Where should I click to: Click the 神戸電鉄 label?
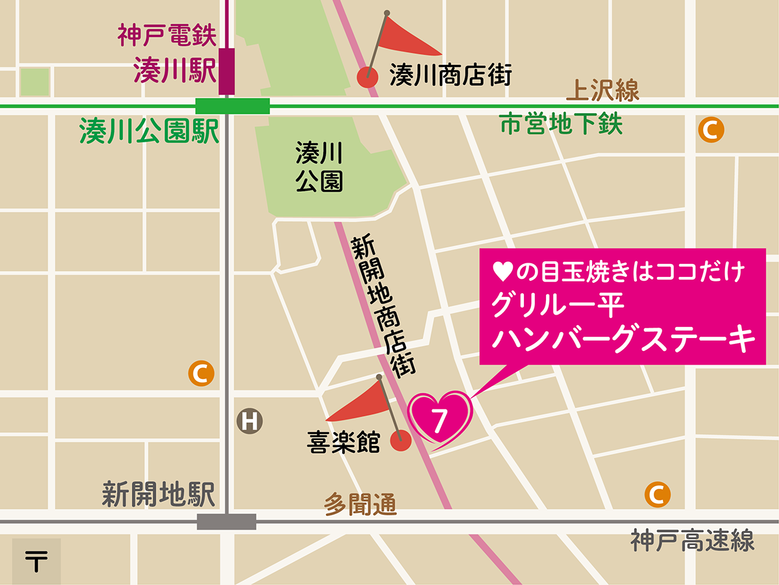click(x=166, y=36)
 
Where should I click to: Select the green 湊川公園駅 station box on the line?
click(x=232, y=106)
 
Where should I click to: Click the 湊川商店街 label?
click(x=451, y=76)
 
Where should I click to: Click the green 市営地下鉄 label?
click(x=562, y=123)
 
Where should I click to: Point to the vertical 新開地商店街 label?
click(x=383, y=305)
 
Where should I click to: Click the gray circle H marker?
click(x=250, y=421)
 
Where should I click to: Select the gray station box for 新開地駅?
click(x=227, y=521)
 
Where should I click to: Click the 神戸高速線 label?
click(x=693, y=541)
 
